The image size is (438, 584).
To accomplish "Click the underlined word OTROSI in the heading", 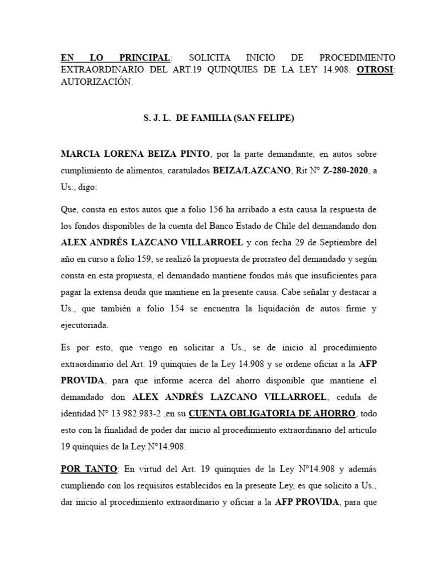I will click(x=375, y=70).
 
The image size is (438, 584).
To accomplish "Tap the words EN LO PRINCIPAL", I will click(x=115, y=58).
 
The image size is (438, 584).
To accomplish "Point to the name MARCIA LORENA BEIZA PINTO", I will click(x=136, y=155).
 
